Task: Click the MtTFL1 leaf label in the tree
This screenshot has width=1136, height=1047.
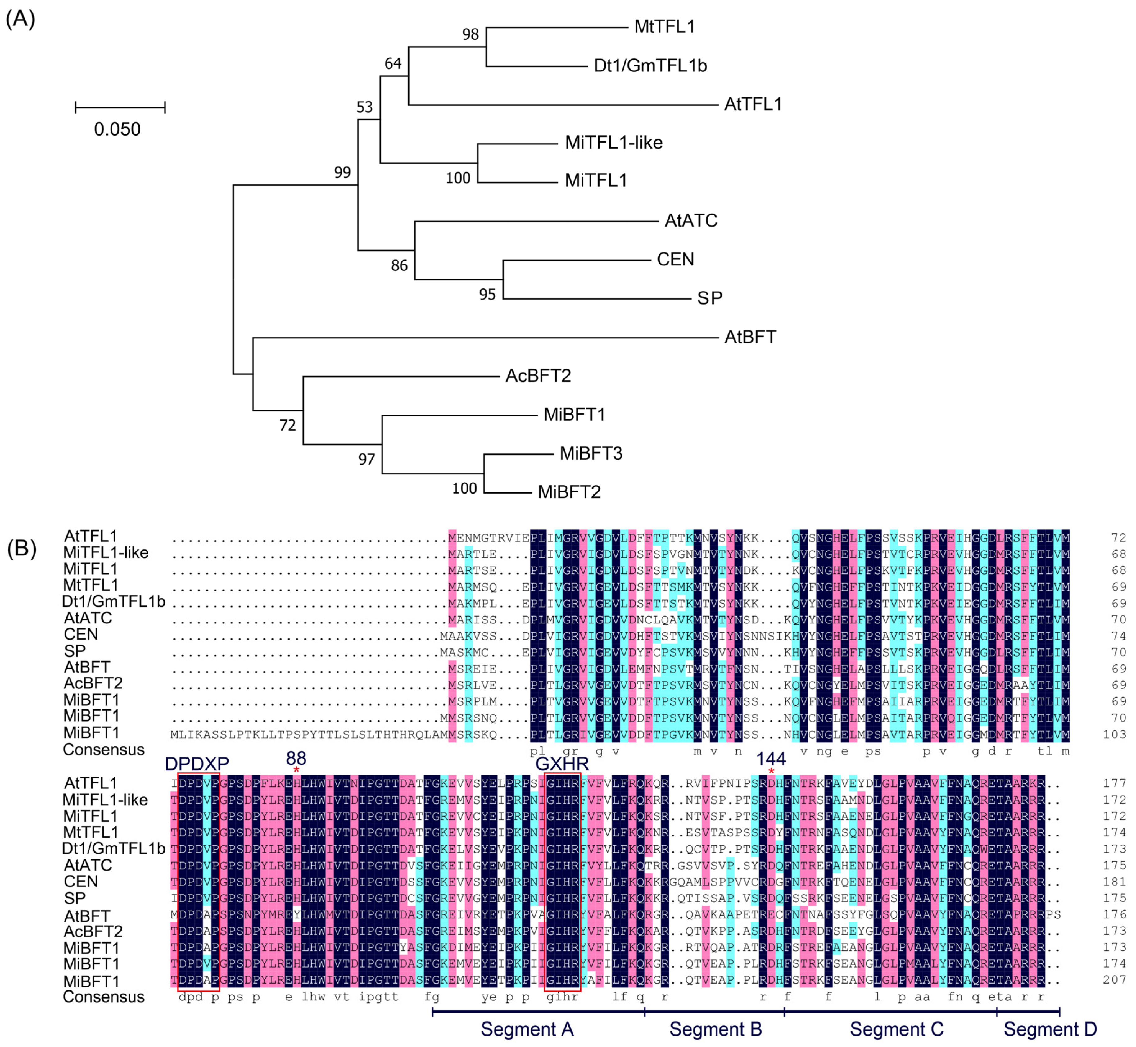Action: [664, 27]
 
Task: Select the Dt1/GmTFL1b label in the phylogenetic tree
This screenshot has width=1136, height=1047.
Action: [650, 66]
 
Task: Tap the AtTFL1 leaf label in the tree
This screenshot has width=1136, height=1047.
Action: [753, 104]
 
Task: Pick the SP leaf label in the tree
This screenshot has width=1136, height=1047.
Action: [709, 298]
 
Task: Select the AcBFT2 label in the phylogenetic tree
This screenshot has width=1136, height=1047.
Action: [538, 376]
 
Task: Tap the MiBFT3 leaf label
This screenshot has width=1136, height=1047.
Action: [591, 453]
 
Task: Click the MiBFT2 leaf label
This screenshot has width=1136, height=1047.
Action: [569, 492]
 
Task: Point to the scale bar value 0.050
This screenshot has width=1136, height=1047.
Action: [117, 129]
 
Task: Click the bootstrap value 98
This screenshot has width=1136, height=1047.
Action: [470, 34]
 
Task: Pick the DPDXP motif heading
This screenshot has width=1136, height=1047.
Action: [197, 764]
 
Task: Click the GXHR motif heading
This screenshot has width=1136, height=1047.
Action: [562, 764]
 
